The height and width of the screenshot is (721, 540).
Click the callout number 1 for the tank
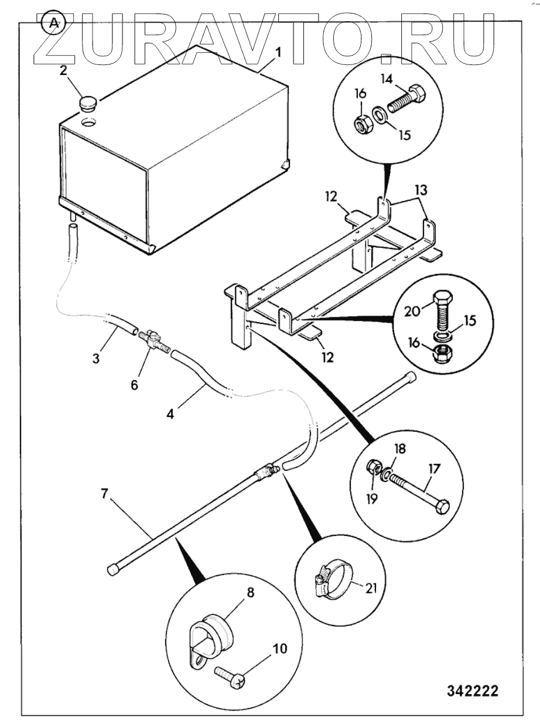pos(278,52)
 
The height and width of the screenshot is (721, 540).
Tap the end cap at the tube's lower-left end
pos(112,569)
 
